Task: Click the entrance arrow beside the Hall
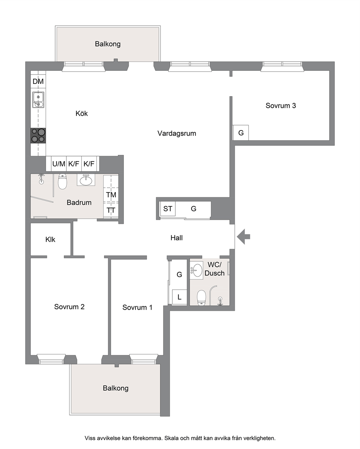click(x=244, y=236)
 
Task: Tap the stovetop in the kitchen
click(x=38, y=136)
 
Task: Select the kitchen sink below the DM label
click(x=38, y=100)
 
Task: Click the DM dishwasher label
click(x=38, y=81)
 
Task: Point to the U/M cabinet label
click(x=59, y=164)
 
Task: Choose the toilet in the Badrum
click(x=62, y=181)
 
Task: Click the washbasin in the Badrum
click(x=86, y=180)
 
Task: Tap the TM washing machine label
click(x=111, y=195)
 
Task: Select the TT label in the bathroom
click(x=111, y=210)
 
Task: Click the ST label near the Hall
click(x=168, y=209)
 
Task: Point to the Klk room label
click(x=50, y=239)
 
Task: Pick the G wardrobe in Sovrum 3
click(x=241, y=133)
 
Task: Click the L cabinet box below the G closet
click(x=179, y=297)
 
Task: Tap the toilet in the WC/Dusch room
click(x=201, y=298)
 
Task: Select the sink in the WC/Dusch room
click(x=196, y=271)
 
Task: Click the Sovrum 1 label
click(x=138, y=307)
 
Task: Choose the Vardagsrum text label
click(x=177, y=133)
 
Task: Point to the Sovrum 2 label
click(x=69, y=307)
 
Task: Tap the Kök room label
click(x=82, y=113)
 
